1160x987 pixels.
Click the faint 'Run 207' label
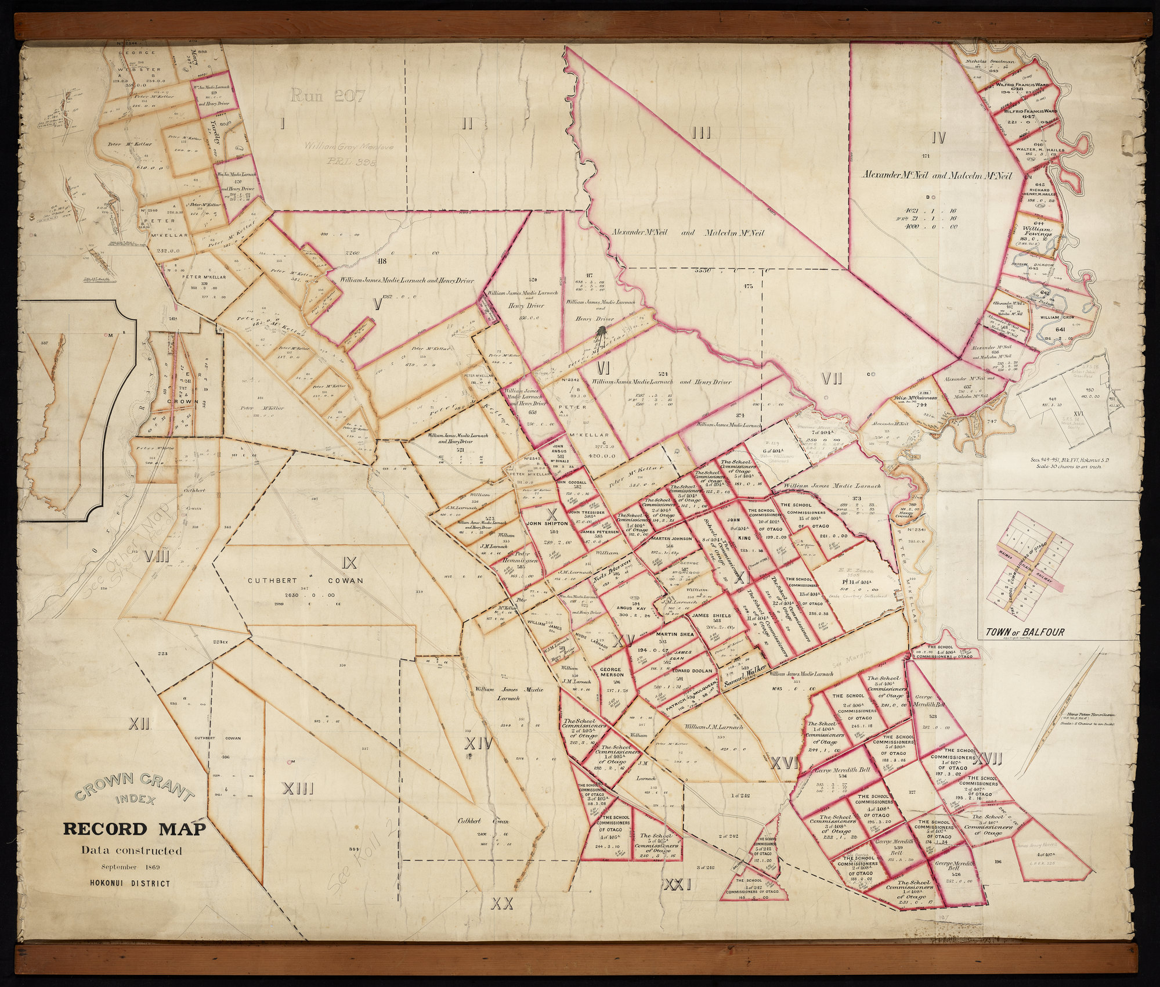pos(328,96)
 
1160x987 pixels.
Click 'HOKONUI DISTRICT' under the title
pos(130,884)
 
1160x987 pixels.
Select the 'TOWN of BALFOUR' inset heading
pos(1024,632)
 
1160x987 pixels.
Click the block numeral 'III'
pos(701,134)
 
